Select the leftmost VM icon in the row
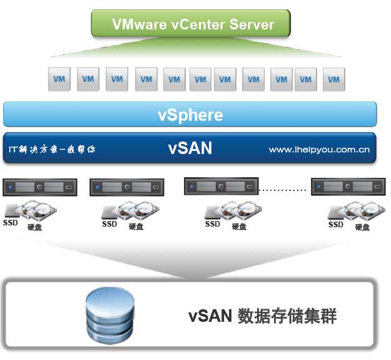pos(59,80)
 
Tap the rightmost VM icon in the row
pos(334,80)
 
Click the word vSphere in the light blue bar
pos(190,115)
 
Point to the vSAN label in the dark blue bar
pos(190,148)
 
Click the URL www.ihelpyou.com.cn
pos(318,150)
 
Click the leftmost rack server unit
pos(39,187)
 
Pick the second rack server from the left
pos(126,187)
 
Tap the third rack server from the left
pos(220,186)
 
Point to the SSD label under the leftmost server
pos(11,222)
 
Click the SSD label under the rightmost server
pos(336,224)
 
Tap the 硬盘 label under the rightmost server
pos(362,227)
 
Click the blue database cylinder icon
pos(109,314)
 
